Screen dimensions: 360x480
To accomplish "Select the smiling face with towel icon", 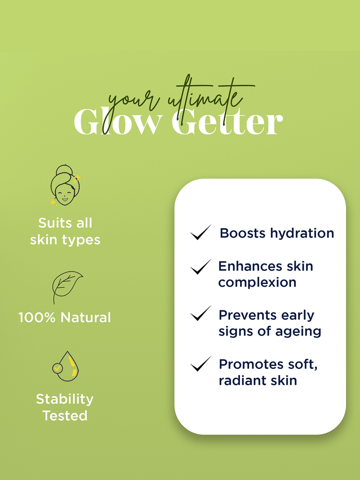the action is coord(65,185).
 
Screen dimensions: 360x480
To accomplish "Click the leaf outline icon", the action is coord(67,287).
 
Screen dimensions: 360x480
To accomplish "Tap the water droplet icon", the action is coord(66,367).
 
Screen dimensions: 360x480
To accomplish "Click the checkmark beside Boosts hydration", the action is coord(201,232).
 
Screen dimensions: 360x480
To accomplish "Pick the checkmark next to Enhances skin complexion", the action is coord(201,267).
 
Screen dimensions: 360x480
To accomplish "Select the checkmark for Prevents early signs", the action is coord(201,313).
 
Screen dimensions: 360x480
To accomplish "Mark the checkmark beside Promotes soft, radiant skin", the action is coord(201,364).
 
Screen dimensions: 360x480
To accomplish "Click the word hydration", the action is coord(302,233).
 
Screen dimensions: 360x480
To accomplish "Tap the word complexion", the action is coord(257,283).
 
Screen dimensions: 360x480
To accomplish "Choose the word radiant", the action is coord(238,381).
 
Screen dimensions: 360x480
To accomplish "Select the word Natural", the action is coord(86,317).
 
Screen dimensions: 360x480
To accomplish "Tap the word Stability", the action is coord(65,399).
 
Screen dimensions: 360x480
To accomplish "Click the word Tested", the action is coord(65,416).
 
